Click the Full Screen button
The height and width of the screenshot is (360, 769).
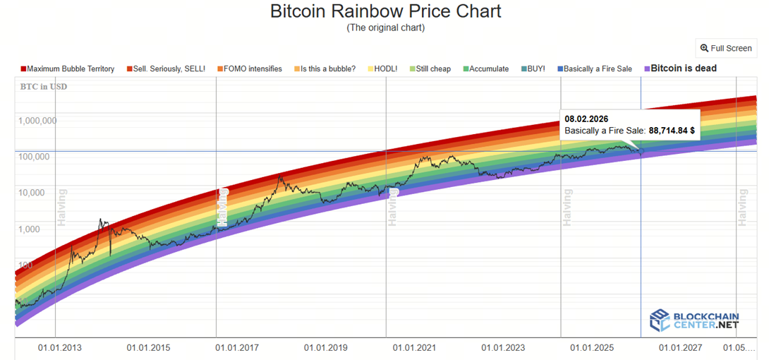click(726, 48)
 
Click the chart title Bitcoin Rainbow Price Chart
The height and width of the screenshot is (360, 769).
click(385, 11)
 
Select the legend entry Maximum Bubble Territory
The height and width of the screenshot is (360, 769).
click(71, 68)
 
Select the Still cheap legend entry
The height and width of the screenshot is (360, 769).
click(430, 68)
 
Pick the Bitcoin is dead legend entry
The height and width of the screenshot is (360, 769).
click(683, 68)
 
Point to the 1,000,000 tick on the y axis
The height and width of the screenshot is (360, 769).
click(37, 120)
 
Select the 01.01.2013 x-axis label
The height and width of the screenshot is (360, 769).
click(59, 348)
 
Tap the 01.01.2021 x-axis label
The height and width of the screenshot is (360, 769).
click(414, 348)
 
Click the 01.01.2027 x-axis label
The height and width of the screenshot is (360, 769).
click(680, 348)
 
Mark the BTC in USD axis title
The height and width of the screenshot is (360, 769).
click(44, 86)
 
